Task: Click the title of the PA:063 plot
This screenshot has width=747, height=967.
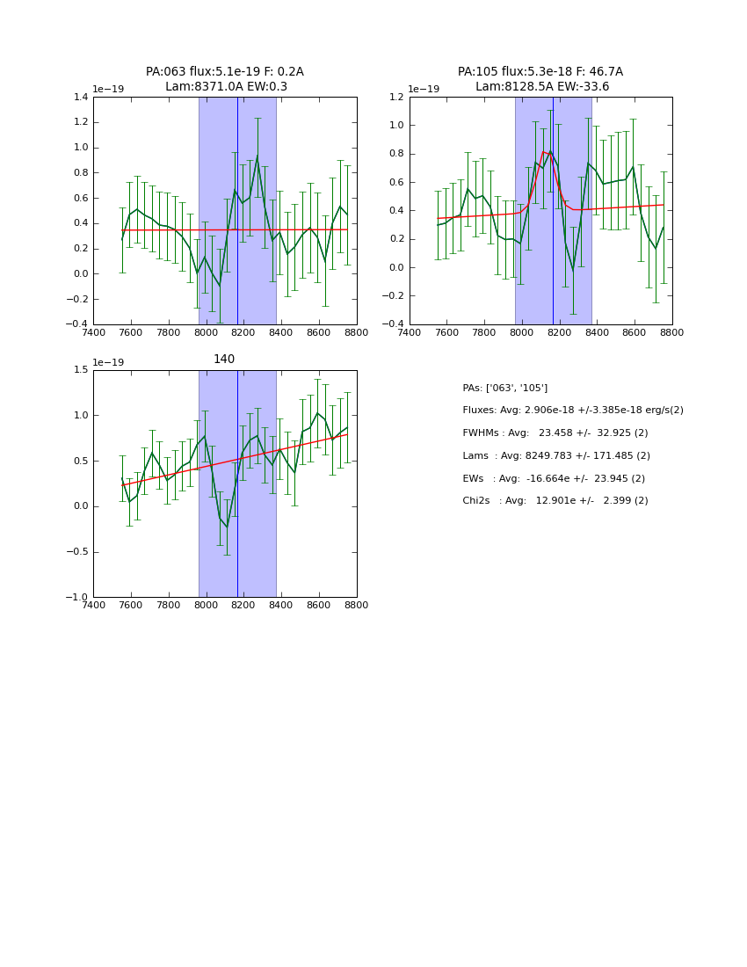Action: pyautogui.click(x=225, y=79)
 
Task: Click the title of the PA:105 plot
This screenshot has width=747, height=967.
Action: pyautogui.click(x=540, y=79)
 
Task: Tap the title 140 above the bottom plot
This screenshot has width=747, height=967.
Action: pyautogui.click(x=224, y=360)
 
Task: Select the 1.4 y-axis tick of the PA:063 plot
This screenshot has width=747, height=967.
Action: pyautogui.click(x=78, y=98)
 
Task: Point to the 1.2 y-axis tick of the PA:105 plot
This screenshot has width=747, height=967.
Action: pyautogui.click(x=395, y=98)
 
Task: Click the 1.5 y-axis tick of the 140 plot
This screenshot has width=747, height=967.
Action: pyautogui.click(x=78, y=370)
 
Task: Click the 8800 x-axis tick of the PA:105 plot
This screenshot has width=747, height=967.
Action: pyautogui.click(x=672, y=332)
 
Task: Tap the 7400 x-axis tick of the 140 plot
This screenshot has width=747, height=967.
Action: pyautogui.click(x=93, y=605)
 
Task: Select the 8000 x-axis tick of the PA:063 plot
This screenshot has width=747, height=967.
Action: pyautogui.click(x=207, y=332)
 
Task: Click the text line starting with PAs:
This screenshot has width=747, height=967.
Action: pyautogui.click(x=505, y=388)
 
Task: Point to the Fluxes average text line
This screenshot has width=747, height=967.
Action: pyautogui.click(x=573, y=411)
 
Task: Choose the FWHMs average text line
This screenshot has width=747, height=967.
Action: pyautogui.click(x=555, y=433)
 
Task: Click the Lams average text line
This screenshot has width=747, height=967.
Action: pyautogui.click(x=556, y=456)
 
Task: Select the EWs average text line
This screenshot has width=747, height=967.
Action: pyautogui.click(x=554, y=478)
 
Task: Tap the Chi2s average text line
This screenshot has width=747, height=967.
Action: pyautogui.click(x=555, y=501)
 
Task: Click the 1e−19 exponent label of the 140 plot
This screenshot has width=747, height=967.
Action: pyautogui.click(x=108, y=362)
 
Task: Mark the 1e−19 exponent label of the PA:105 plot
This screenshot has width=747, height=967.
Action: pyautogui.click(x=424, y=89)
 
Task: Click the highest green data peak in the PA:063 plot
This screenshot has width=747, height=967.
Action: pyautogui.click(x=257, y=156)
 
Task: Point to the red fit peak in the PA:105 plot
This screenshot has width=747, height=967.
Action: pyautogui.click(x=544, y=151)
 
